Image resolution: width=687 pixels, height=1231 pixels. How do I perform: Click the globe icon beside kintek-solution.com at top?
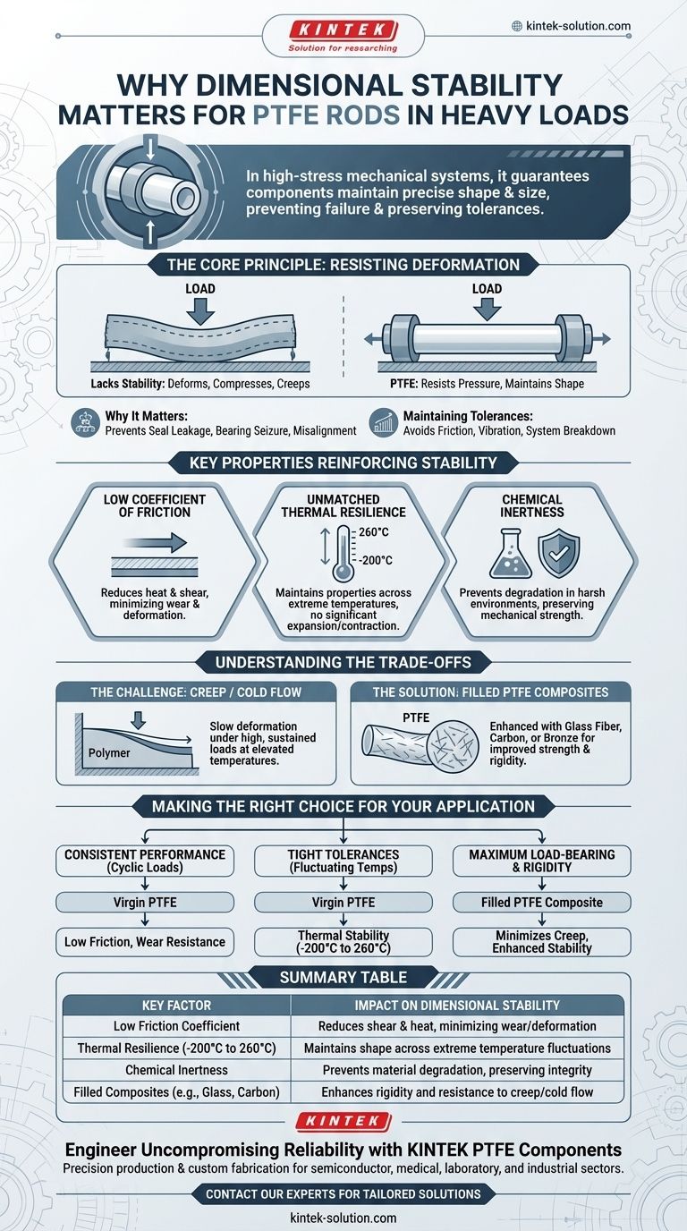point(517,26)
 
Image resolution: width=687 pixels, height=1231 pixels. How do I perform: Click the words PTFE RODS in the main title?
point(327,115)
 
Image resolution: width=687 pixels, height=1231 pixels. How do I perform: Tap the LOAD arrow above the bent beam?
point(200,312)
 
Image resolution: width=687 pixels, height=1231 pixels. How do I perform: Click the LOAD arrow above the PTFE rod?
point(487,310)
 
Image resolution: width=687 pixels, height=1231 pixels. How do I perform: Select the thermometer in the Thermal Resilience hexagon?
point(343,553)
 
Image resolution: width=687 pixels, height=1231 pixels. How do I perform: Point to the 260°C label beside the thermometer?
point(374,532)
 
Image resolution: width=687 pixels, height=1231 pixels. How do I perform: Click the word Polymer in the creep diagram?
point(109,753)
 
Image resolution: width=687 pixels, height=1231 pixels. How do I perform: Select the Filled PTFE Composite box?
point(542,903)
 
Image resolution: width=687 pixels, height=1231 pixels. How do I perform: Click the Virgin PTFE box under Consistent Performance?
point(145,903)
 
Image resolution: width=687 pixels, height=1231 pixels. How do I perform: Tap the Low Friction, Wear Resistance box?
point(145,942)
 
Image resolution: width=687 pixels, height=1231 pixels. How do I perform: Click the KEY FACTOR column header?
point(176,1006)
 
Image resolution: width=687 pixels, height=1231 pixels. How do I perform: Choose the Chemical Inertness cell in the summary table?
point(176,1070)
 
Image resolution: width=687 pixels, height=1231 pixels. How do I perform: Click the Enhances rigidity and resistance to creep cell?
point(457,1092)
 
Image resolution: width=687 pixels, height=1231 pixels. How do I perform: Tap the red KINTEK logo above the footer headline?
point(343,1121)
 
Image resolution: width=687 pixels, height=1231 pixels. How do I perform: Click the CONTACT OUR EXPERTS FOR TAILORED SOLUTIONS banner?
point(343,1194)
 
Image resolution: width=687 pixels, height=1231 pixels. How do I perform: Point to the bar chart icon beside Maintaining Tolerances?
point(383,422)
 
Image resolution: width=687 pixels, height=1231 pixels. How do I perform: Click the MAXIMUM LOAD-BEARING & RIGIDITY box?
point(542,862)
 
